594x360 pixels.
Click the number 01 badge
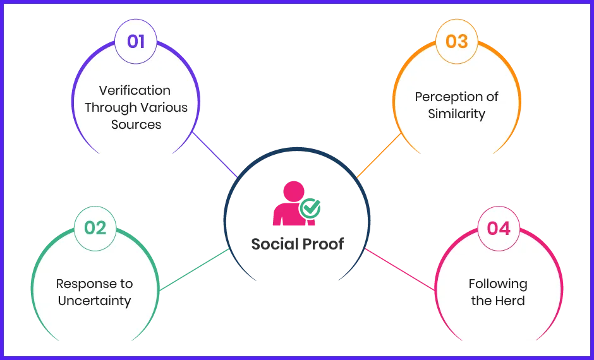(136, 42)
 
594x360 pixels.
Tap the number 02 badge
(95, 227)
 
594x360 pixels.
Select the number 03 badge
(457, 42)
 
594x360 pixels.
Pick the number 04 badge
(499, 228)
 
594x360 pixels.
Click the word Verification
(135, 90)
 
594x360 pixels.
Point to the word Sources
(136, 124)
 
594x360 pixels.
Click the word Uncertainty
(95, 301)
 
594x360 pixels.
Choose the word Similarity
(456, 114)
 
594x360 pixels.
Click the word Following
(498, 284)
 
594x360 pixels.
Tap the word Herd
(511, 301)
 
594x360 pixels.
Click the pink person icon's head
(294, 191)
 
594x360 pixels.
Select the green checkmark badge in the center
(310, 208)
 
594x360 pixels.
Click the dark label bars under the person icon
(295, 244)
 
